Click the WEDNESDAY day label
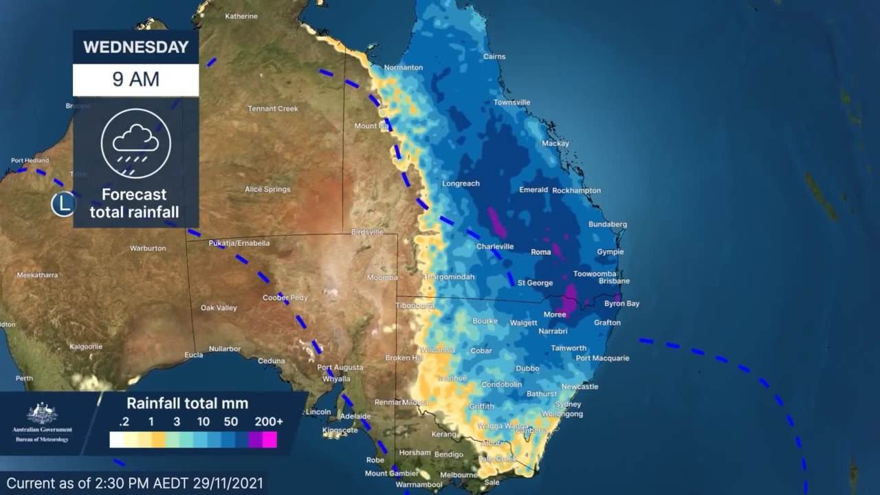pyautogui.click(x=135, y=47)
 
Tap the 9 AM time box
pyautogui.click(x=135, y=79)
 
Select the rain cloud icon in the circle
pyautogui.click(x=135, y=143)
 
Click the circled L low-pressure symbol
pyautogui.click(x=64, y=203)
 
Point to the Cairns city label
pyautogui.click(x=494, y=57)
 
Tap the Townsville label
pyautogui.click(x=511, y=102)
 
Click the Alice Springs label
pyautogui.click(x=267, y=189)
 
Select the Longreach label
pyautogui.click(x=461, y=184)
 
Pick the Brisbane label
pyautogui.click(x=614, y=281)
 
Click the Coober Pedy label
pyautogui.click(x=285, y=298)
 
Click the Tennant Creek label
pyautogui.click(x=273, y=109)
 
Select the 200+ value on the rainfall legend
pyautogui.click(x=268, y=421)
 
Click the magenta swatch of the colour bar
pyautogui.click(x=269, y=440)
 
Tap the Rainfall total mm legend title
pyautogui.click(x=187, y=404)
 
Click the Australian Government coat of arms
pyautogui.click(x=42, y=413)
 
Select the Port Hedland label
pyautogui.click(x=30, y=161)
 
